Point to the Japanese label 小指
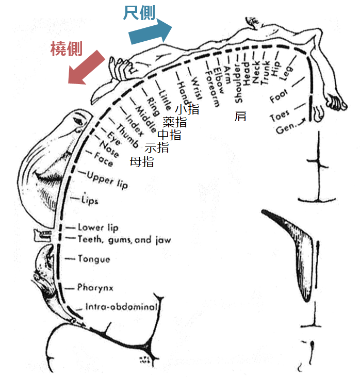click(187, 109)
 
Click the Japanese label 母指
click(142, 161)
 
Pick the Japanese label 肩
click(240, 116)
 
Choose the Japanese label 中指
click(169, 135)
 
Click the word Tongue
click(94, 258)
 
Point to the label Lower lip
click(98, 227)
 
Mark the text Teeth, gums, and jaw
click(124, 239)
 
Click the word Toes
click(280, 116)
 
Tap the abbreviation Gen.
click(284, 127)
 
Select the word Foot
click(279, 96)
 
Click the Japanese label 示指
click(156, 147)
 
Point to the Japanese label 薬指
click(175, 122)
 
